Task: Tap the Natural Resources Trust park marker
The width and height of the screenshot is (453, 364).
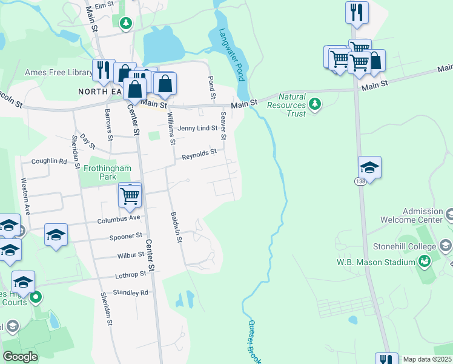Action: (x=314, y=104)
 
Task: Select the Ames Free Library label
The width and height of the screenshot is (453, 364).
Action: (x=59, y=73)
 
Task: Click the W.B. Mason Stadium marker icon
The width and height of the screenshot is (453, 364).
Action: (x=425, y=261)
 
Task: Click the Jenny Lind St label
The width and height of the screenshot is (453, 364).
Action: (x=197, y=128)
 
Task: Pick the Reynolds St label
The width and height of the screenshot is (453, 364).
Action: (x=199, y=156)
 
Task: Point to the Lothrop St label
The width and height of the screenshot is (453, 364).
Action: (x=131, y=275)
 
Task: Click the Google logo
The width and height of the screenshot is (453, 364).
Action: (x=20, y=356)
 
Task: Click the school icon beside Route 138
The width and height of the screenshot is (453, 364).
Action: (x=369, y=166)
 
